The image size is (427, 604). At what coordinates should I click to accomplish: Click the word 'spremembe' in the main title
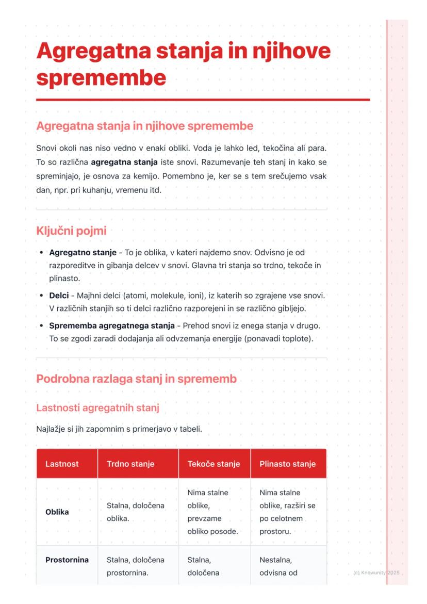coord(101,78)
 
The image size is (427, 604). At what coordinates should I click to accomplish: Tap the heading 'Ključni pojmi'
coord(71,231)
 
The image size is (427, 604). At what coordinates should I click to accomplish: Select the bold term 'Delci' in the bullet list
coord(59,296)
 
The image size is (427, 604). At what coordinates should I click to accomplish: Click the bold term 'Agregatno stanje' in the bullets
coord(83,252)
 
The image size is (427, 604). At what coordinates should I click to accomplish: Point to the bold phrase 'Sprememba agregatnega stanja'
coord(111,326)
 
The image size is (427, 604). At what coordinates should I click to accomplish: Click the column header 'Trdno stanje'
coord(130,464)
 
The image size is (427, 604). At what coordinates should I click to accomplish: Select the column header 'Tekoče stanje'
coord(213,464)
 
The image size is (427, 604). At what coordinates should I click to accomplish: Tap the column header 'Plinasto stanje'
coord(287,464)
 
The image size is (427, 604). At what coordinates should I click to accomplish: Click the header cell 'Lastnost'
coord(62,464)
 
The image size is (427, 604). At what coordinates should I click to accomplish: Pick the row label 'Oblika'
coord(57,512)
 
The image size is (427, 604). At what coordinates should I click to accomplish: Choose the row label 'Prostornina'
coord(67,560)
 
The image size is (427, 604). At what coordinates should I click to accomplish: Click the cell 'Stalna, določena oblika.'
coord(135,512)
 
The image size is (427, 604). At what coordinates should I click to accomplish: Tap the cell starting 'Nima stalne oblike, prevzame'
coord(212,512)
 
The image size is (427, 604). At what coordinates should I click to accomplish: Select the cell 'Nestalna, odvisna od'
coord(278,566)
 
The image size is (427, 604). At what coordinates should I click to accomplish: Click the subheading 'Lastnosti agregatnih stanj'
coord(97,408)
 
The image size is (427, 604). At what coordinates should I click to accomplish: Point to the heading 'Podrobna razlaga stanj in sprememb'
coord(136,379)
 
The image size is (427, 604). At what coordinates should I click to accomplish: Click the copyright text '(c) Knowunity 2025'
coord(376,573)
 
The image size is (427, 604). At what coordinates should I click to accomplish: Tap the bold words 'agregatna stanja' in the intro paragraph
coord(124,162)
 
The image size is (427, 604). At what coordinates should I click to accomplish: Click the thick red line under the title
coord(203,100)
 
